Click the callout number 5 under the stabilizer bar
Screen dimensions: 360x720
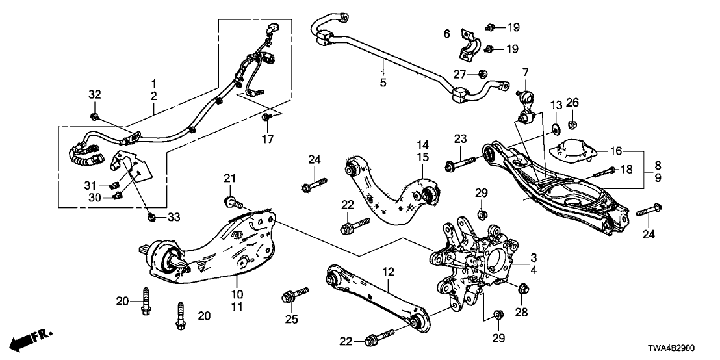click(383, 83)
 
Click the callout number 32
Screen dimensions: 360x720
click(95, 95)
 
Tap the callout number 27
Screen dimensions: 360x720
click(460, 73)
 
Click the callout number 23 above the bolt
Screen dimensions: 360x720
click(460, 138)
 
